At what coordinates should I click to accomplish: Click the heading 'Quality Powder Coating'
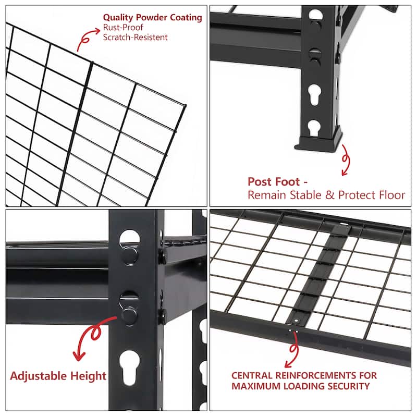point(152,17)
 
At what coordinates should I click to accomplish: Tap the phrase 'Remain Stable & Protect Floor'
point(326,195)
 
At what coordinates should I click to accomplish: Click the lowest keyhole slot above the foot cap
point(314,127)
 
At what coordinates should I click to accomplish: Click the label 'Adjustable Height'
point(58,376)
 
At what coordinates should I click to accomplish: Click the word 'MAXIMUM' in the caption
point(255,386)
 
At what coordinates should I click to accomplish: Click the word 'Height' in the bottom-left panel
point(90,376)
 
